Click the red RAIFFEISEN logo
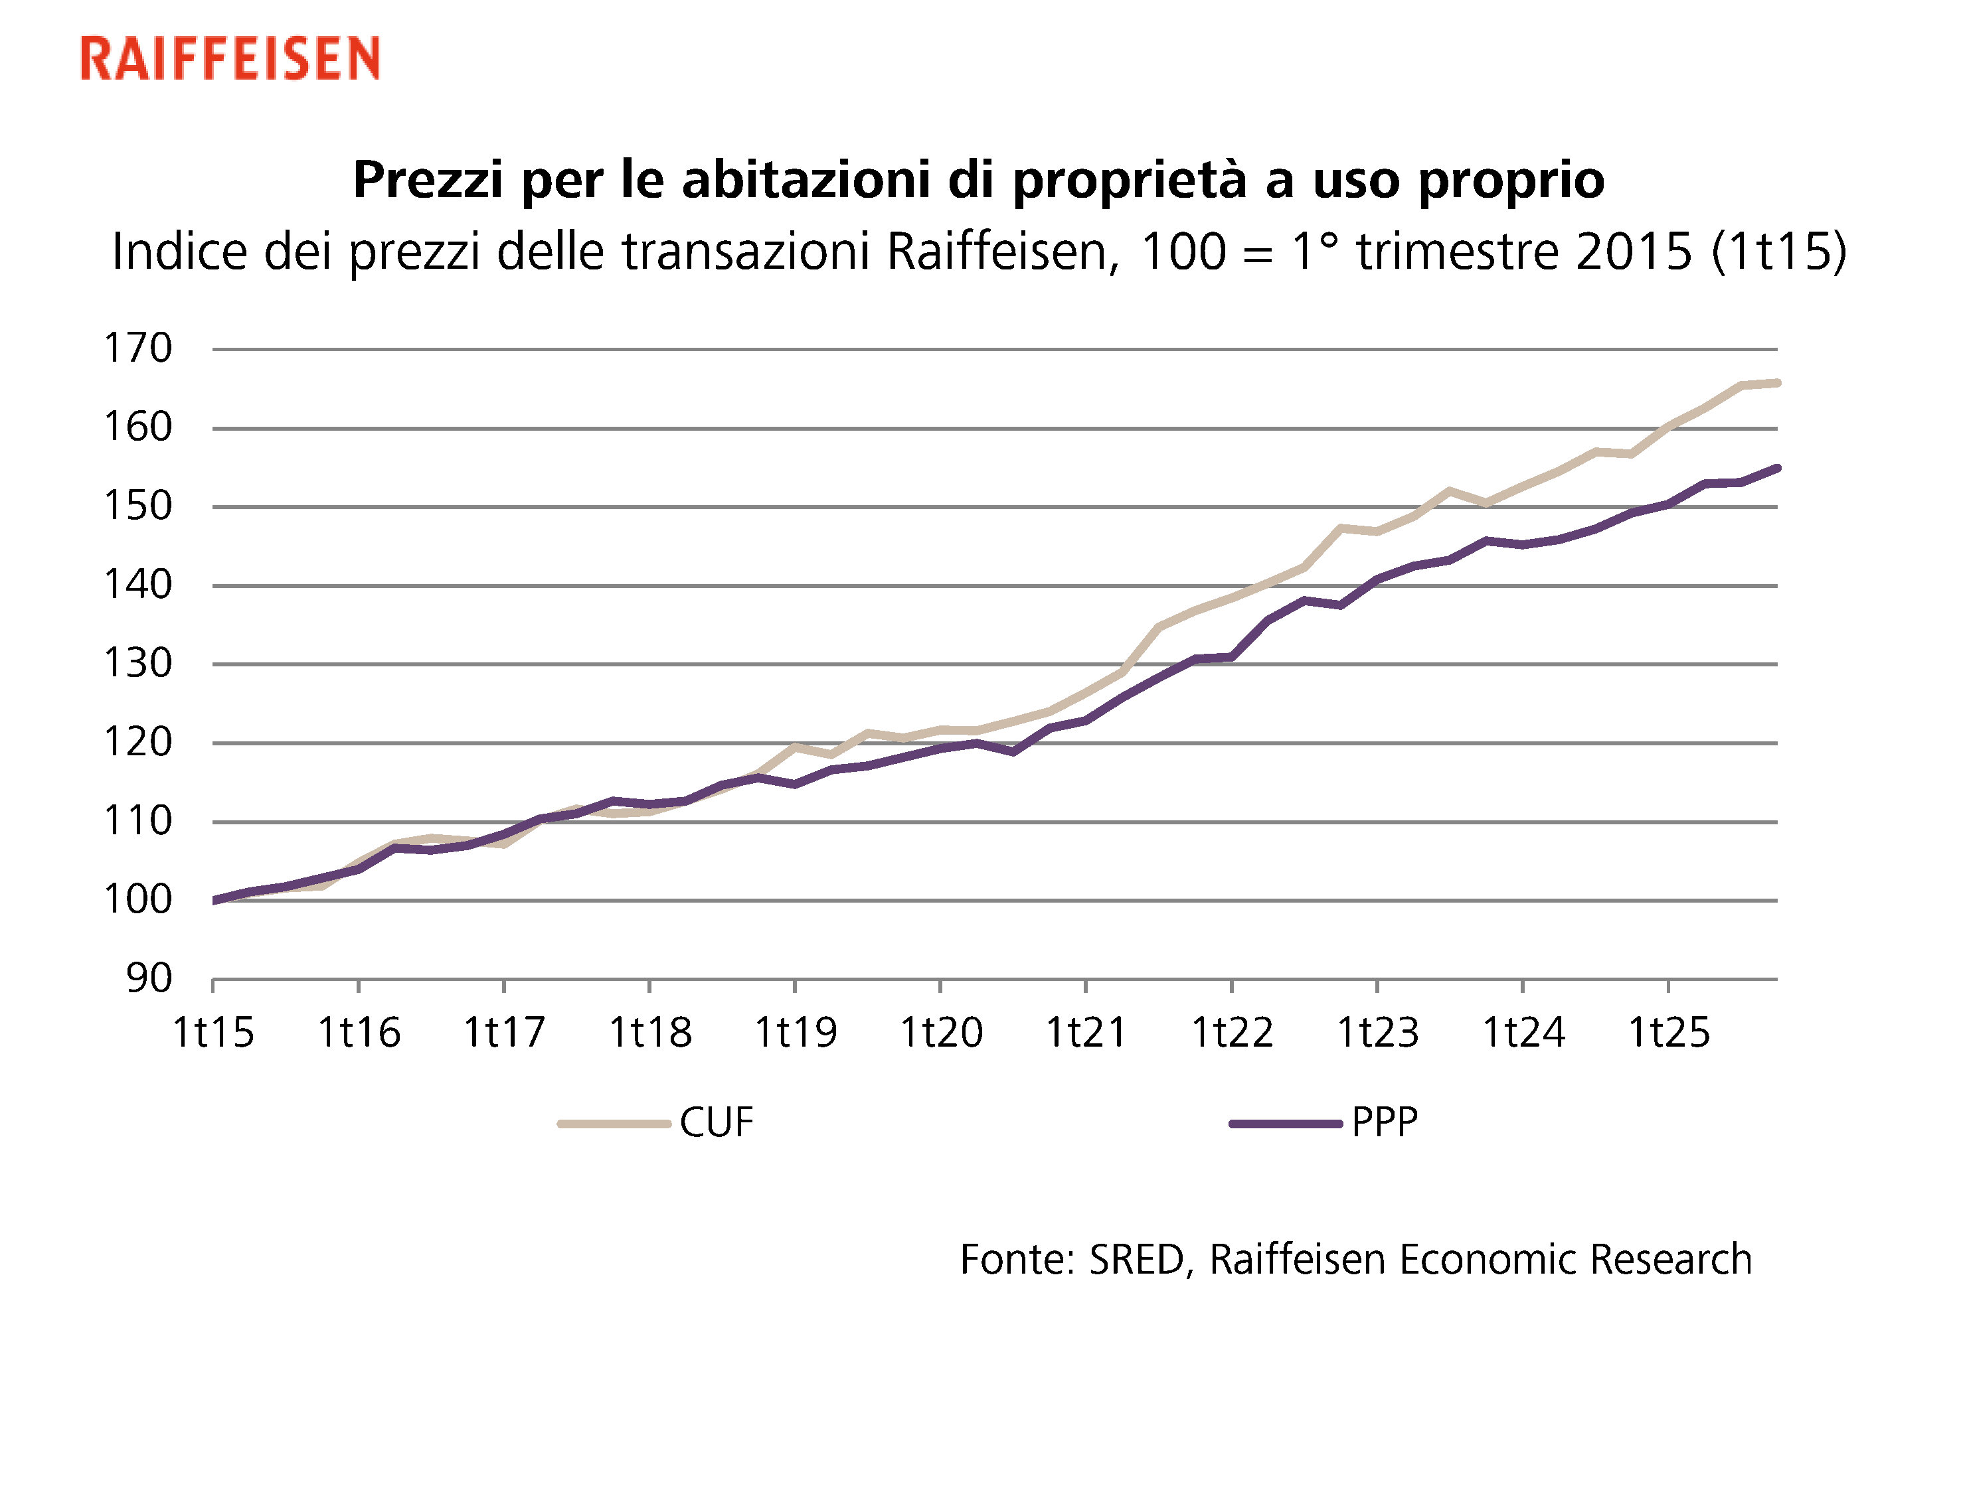pyautogui.click(x=230, y=58)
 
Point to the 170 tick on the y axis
pyautogui.click(x=138, y=348)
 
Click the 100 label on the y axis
pyautogui.click(x=138, y=899)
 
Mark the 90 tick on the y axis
pyautogui.click(x=149, y=978)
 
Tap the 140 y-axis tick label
pyautogui.click(x=138, y=585)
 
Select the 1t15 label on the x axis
pyautogui.click(x=213, y=1032)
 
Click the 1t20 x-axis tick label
pyautogui.click(x=940, y=1032)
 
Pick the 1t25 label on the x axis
pyautogui.click(x=1668, y=1032)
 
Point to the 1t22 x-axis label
pyautogui.click(x=1232, y=1032)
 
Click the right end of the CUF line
pyautogui.click(x=1776, y=383)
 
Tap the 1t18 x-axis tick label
pyautogui.click(x=649, y=1032)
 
